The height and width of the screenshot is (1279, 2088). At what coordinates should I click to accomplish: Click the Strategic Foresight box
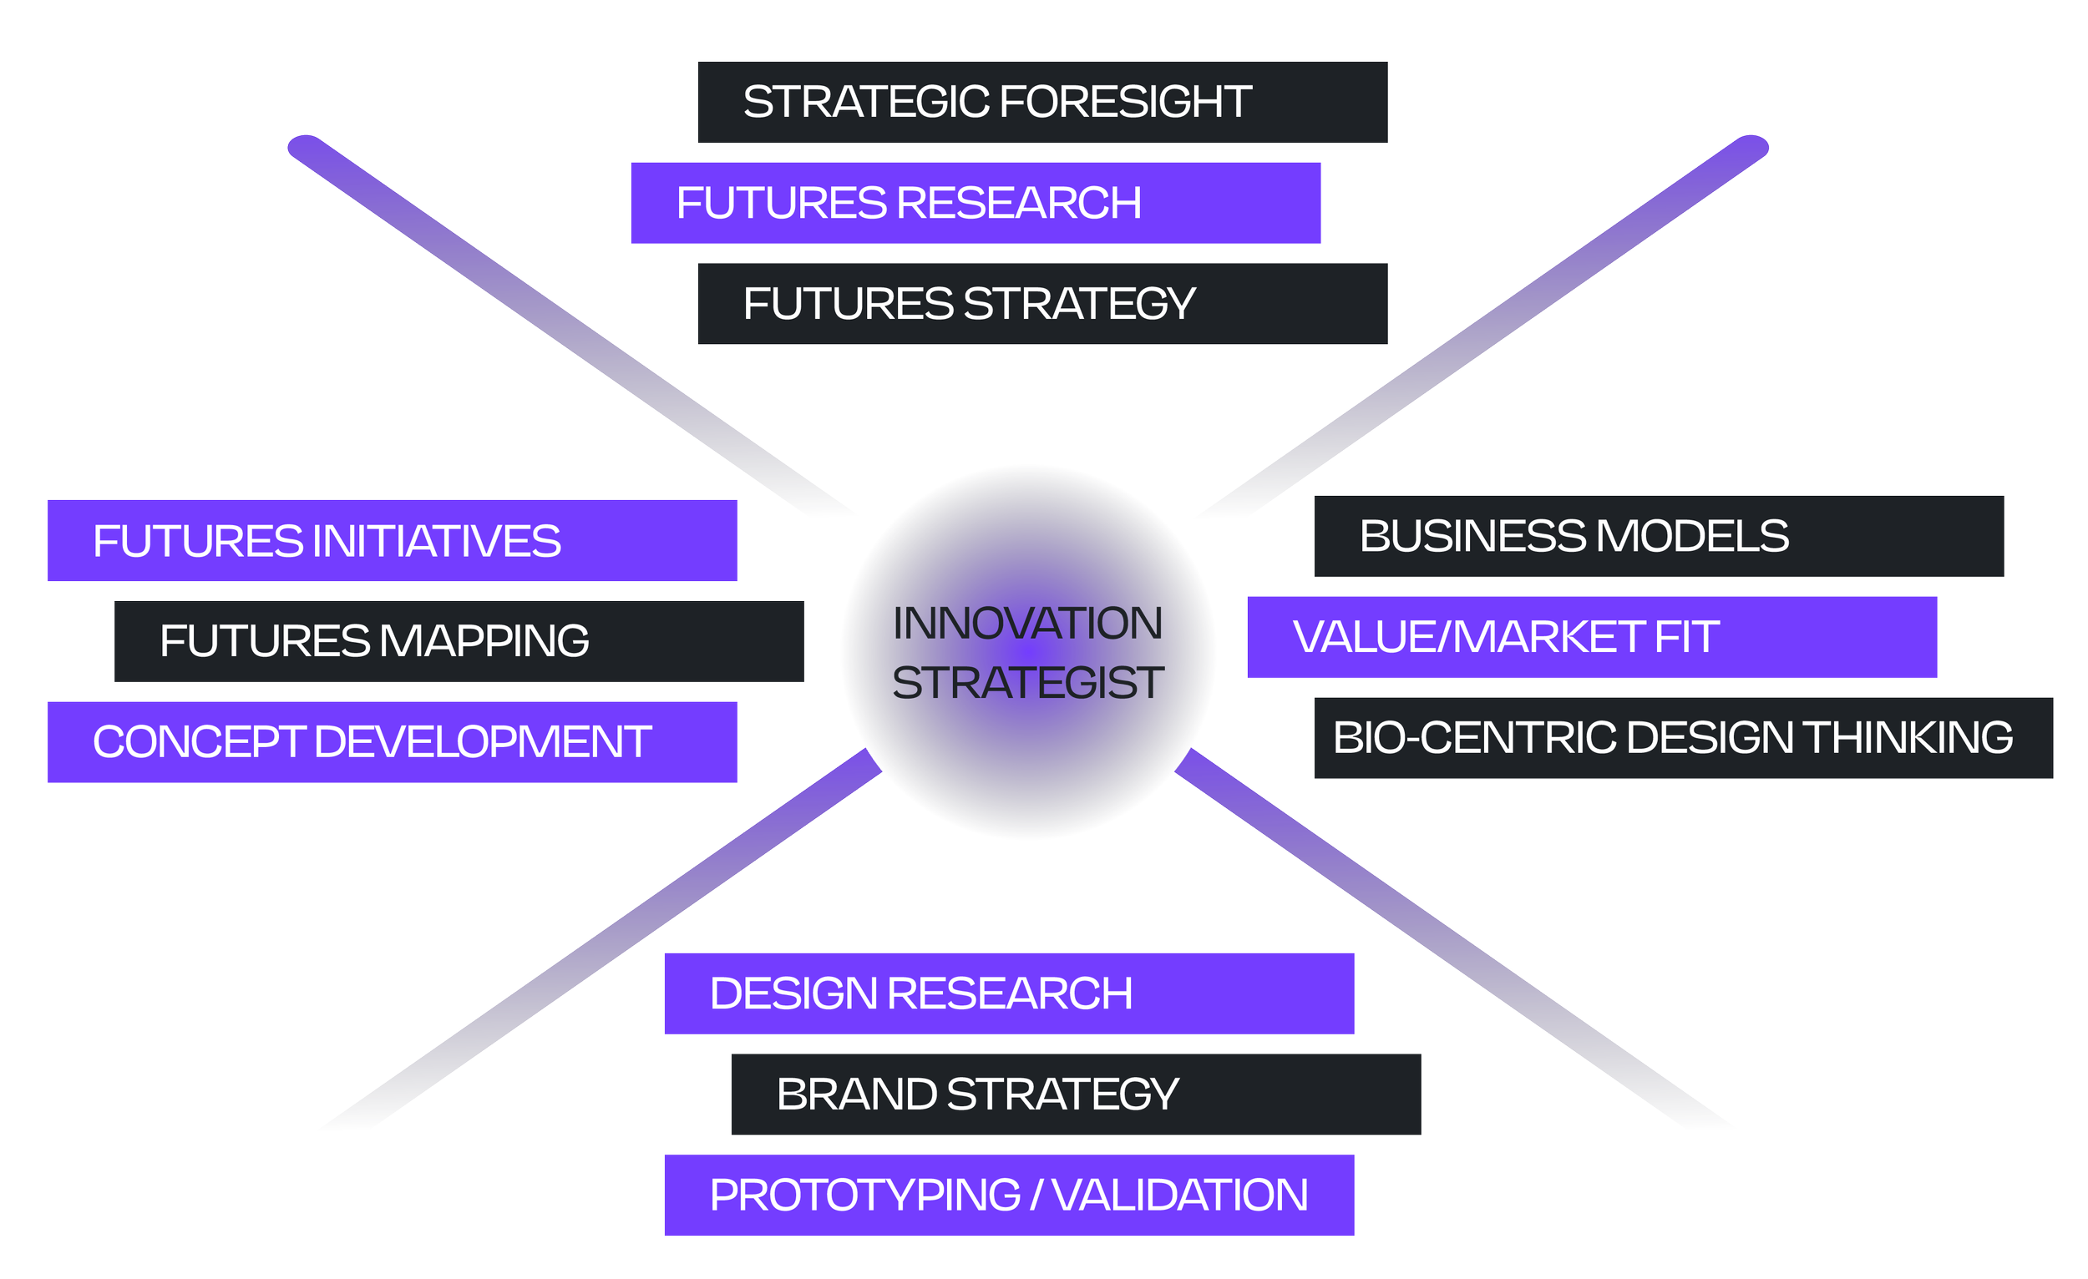[1042, 102]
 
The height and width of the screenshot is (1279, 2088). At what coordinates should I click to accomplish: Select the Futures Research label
[976, 203]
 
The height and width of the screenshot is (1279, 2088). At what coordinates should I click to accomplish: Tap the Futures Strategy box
[1042, 304]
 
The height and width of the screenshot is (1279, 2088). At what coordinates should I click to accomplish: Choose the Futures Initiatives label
[392, 540]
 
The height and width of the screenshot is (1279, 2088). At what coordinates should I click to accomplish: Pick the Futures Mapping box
[459, 641]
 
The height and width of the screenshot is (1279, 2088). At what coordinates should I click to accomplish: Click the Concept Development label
[392, 742]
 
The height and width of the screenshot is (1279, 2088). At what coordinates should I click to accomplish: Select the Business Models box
[1659, 536]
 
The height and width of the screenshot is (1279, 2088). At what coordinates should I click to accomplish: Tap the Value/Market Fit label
[1592, 637]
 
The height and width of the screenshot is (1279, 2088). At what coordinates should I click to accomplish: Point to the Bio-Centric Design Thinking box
[1683, 738]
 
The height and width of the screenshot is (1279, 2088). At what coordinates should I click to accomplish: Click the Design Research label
[1008, 993]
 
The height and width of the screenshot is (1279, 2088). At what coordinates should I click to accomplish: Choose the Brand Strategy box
[1076, 1094]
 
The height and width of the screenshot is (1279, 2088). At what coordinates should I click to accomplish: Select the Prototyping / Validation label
[1008, 1196]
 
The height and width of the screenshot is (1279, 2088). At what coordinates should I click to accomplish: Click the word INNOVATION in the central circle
[1028, 624]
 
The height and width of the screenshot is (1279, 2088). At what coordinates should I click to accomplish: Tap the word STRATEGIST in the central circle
[1028, 683]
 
